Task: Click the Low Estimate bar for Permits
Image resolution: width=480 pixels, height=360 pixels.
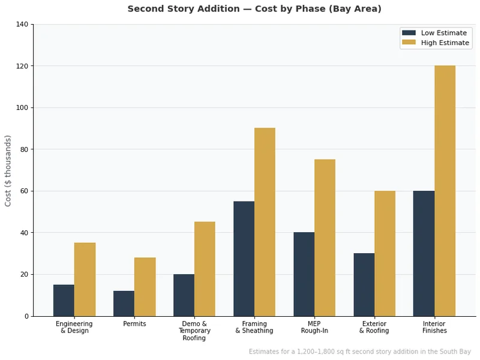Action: tap(124, 304)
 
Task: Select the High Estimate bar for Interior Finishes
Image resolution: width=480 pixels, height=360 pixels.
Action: tap(445, 191)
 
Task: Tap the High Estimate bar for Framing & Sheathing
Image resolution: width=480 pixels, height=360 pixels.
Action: tap(265, 222)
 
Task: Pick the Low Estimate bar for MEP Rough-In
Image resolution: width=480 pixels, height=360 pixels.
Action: tap(304, 274)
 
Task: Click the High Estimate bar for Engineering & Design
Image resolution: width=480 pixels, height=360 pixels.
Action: tap(85, 280)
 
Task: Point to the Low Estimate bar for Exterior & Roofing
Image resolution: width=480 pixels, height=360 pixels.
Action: tap(364, 285)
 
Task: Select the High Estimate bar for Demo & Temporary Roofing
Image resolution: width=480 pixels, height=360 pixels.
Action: tap(205, 269)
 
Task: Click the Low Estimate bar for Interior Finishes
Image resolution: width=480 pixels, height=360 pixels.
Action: tap(424, 253)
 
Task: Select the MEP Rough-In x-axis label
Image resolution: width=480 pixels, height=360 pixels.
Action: tap(314, 328)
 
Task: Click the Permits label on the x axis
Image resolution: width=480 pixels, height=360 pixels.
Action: tap(134, 324)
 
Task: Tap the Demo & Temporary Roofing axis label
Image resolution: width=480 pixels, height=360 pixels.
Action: tap(194, 331)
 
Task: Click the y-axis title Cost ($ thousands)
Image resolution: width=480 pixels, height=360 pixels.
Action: tap(8, 170)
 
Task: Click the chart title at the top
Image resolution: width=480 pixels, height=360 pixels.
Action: tap(254, 9)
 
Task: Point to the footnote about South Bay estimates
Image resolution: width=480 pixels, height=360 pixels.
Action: tap(360, 352)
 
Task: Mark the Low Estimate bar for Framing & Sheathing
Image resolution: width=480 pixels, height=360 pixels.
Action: tap(244, 259)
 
